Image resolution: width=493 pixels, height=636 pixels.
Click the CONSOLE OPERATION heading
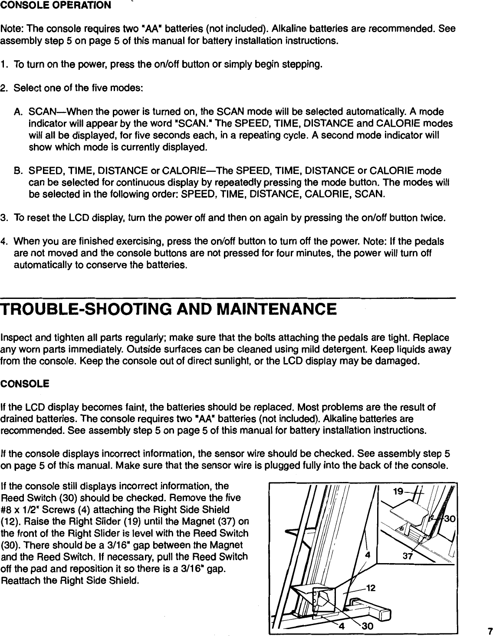tap(56, 6)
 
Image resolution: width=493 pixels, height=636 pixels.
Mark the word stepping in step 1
tap(305, 65)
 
